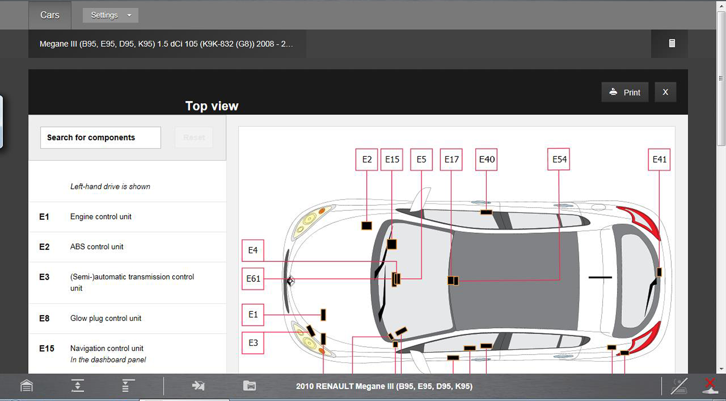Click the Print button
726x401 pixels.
tap(625, 92)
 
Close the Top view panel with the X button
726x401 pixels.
tap(665, 92)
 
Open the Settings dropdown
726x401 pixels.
tap(110, 15)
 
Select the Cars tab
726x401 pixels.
tap(49, 15)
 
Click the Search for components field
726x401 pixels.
tap(101, 138)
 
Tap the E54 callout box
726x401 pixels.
tap(559, 159)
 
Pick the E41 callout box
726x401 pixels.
tap(659, 159)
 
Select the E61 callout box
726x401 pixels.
tap(253, 278)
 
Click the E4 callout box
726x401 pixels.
tap(253, 250)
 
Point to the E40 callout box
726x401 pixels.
tap(486, 159)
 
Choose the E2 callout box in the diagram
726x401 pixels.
tap(366, 159)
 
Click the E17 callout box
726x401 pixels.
tap(451, 159)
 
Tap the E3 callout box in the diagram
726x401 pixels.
tap(253, 343)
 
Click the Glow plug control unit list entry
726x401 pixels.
tap(127, 318)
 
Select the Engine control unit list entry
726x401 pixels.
tap(127, 216)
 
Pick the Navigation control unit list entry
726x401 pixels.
tap(127, 354)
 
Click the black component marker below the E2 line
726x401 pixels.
tap(366, 226)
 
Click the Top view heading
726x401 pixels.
tap(212, 106)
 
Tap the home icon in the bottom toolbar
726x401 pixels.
tap(27, 386)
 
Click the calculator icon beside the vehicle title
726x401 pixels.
tap(672, 43)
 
